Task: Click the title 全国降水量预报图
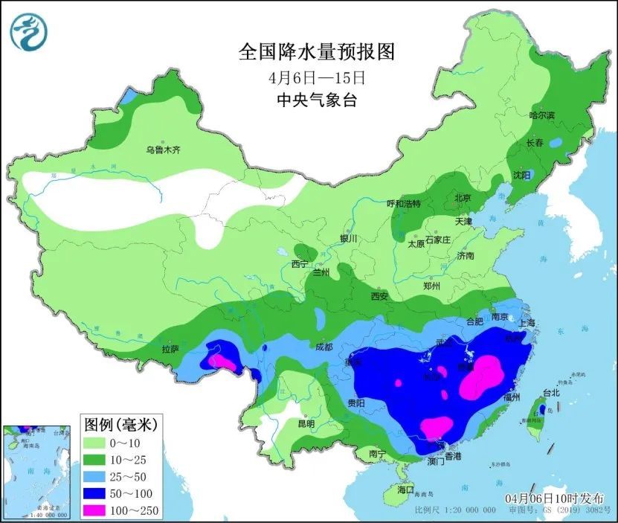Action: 315,52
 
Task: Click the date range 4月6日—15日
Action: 316,77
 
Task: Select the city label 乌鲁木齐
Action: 163,150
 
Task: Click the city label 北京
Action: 463,198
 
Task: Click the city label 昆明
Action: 306,423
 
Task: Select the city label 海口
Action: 405,490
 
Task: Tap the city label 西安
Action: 379,296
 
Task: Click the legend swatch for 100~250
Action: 98,509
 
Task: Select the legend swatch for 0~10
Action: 98,443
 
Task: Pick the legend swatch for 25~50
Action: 98,476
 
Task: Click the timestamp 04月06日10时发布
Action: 554,498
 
